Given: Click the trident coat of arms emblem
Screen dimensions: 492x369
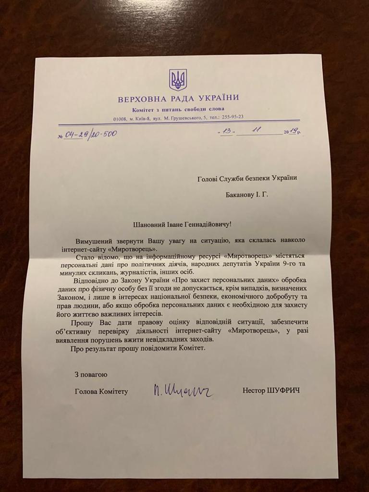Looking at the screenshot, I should pos(178,80).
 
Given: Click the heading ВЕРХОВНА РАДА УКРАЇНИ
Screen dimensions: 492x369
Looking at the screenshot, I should pos(178,99).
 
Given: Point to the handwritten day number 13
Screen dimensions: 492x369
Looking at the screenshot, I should pos(227,132).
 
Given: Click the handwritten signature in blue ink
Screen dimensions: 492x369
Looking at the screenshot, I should pos(183,391).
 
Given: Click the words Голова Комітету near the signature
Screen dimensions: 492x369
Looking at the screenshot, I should pos(101,392).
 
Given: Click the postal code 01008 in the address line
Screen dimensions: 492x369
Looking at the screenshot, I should pos(120,118).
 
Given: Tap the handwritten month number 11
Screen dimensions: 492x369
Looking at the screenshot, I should pos(259,130).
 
